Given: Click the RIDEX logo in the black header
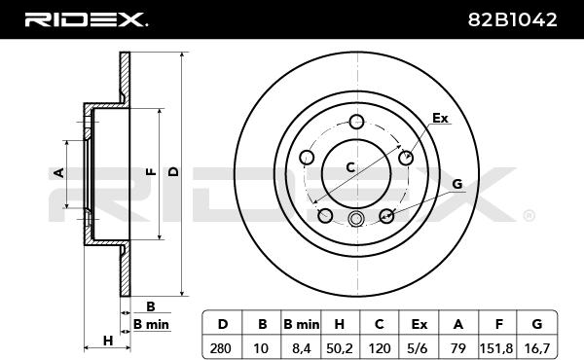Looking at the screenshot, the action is click(86, 19).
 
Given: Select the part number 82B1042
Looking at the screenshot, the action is click(512, 19).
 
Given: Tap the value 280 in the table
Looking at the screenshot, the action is click(221, 348).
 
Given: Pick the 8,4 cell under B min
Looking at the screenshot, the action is click(302, 348).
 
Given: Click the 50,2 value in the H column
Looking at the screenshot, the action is click(340, 348).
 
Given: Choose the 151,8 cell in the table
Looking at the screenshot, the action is click(495, 348).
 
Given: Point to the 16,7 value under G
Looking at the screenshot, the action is click(536, 348).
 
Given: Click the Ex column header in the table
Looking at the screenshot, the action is click(419, 324).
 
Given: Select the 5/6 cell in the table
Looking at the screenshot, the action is click(418, 348).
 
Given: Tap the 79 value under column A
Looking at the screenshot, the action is click(457, 348).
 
